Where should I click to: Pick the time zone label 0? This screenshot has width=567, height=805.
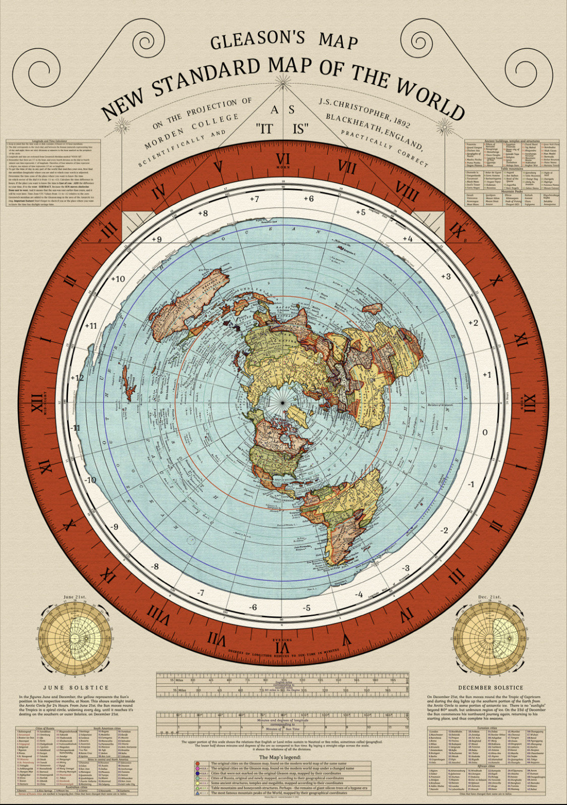coord(485,432)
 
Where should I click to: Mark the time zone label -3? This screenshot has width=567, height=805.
coord(405,568)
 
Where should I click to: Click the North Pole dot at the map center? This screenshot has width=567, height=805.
coord(283,404)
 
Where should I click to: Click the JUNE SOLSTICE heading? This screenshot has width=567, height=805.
coord(76,687)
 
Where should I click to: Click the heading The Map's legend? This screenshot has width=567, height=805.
coord(280,757)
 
